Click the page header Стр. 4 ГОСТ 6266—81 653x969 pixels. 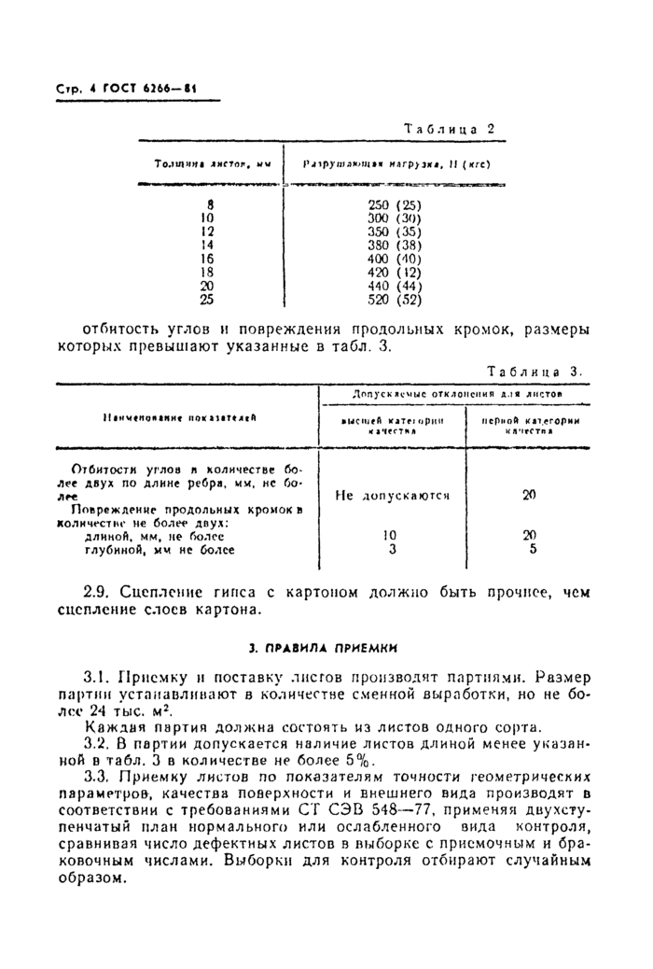point(119,90)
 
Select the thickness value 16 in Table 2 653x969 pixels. point(209,259)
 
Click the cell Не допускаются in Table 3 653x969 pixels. point(392,496)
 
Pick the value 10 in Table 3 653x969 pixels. point(392,536)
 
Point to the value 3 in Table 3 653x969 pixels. point(392,550)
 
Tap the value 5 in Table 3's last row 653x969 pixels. point(533,550)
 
